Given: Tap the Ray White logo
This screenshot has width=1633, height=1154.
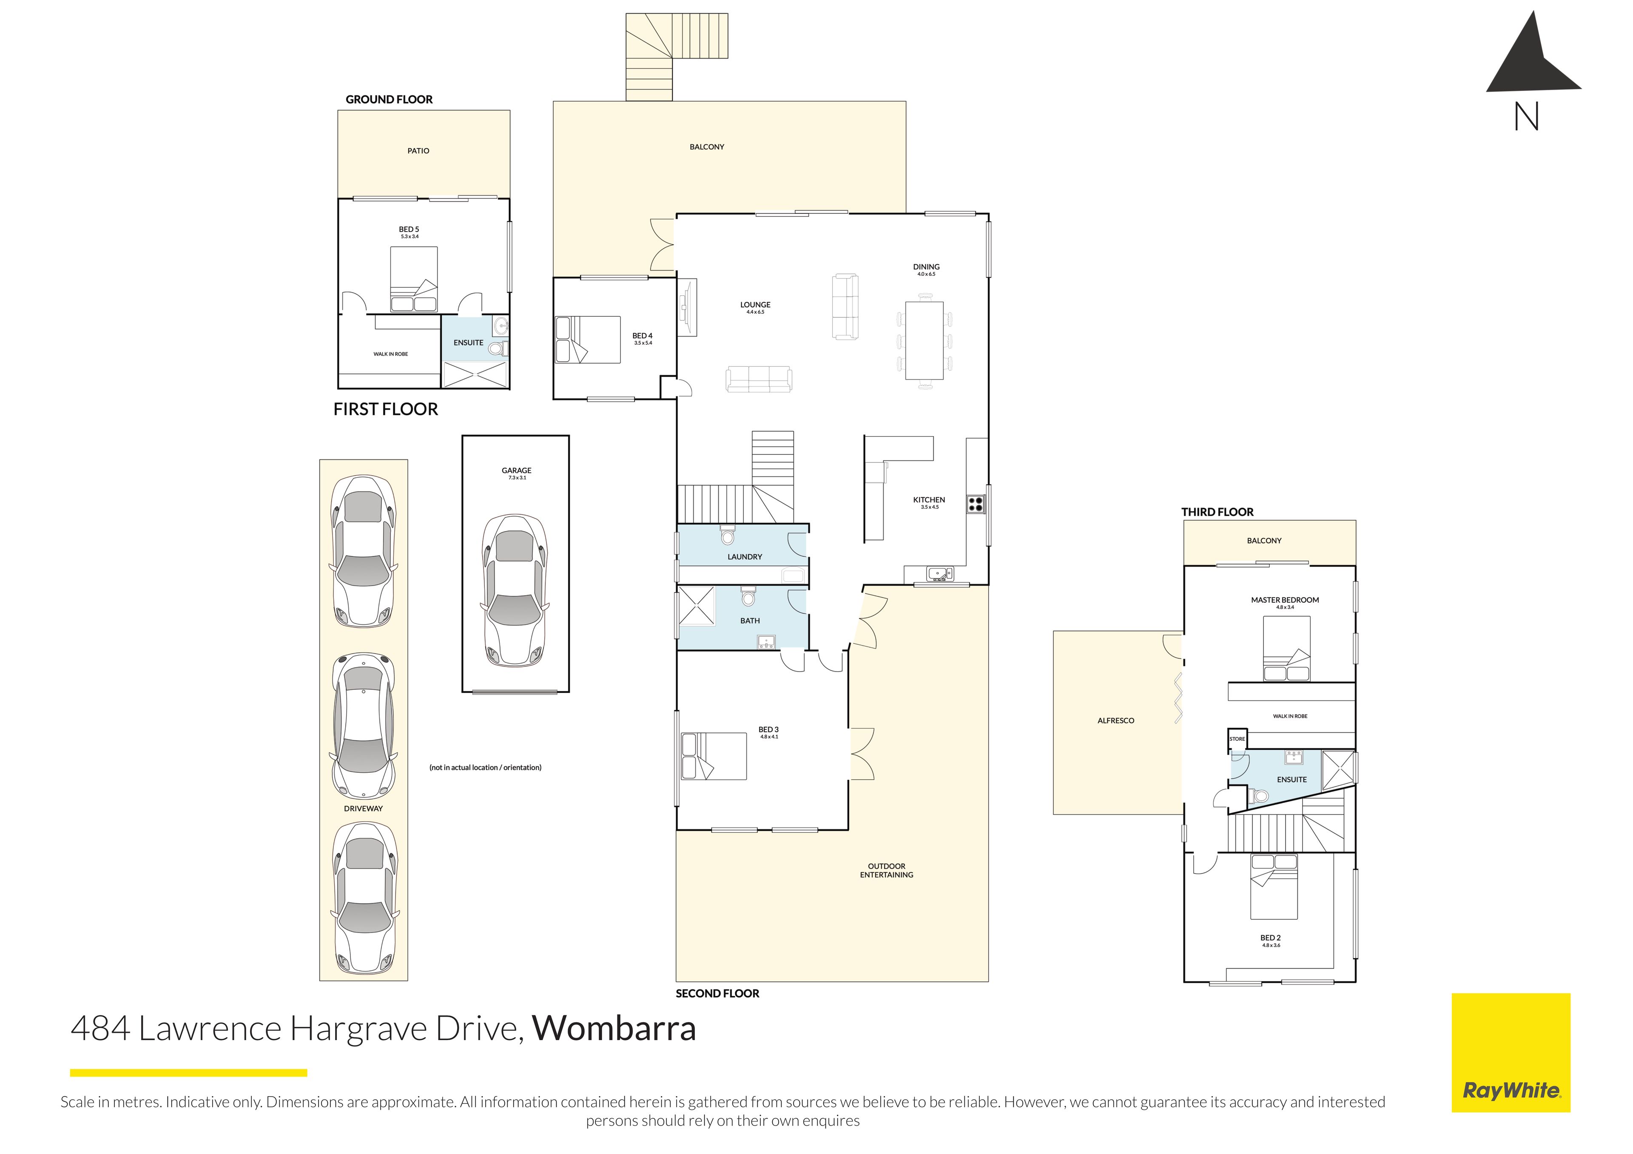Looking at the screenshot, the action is (x=1511, y=1052).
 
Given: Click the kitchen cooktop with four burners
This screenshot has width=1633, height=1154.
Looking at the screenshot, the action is (x=976, y=504).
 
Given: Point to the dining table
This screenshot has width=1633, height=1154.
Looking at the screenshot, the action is (x=924, y=340).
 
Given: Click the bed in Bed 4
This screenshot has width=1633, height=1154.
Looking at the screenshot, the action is (x=587, y=340).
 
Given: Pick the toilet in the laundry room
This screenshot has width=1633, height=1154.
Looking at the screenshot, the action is (x=727, y=535).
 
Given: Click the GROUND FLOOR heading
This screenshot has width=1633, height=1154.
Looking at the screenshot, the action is (x=389, y=99).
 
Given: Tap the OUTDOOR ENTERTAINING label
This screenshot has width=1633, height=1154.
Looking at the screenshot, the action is (x=886, y=870).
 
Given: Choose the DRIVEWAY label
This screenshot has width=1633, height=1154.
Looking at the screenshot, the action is (x=364, y=808).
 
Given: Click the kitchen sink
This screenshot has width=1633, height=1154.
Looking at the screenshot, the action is (x=939, y=573).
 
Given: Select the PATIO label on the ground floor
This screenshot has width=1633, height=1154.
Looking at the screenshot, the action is (x=418, y=151).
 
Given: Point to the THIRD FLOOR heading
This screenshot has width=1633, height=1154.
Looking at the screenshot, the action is (x=1217, y=512).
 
